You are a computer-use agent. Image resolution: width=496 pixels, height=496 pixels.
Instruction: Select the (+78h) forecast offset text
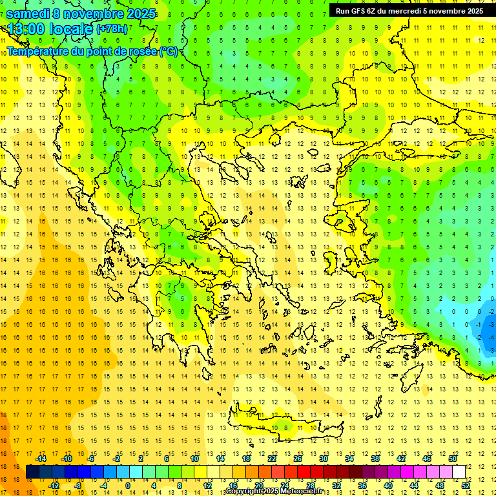(112, 29)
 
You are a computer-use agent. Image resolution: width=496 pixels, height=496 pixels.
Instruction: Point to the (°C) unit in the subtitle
(169, 51)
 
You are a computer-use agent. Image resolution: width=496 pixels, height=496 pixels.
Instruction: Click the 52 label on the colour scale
(466, 486)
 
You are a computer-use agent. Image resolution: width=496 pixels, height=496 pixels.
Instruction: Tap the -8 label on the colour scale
(77, 486)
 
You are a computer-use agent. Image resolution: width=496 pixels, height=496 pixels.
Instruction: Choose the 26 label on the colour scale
(298, 459)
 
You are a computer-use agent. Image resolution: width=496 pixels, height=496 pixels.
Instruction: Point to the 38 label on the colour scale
(375, 459)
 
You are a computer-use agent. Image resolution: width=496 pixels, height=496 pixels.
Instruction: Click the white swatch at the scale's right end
(459, 472)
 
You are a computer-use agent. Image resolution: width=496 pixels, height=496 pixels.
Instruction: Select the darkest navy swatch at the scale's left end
(32, 472)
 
